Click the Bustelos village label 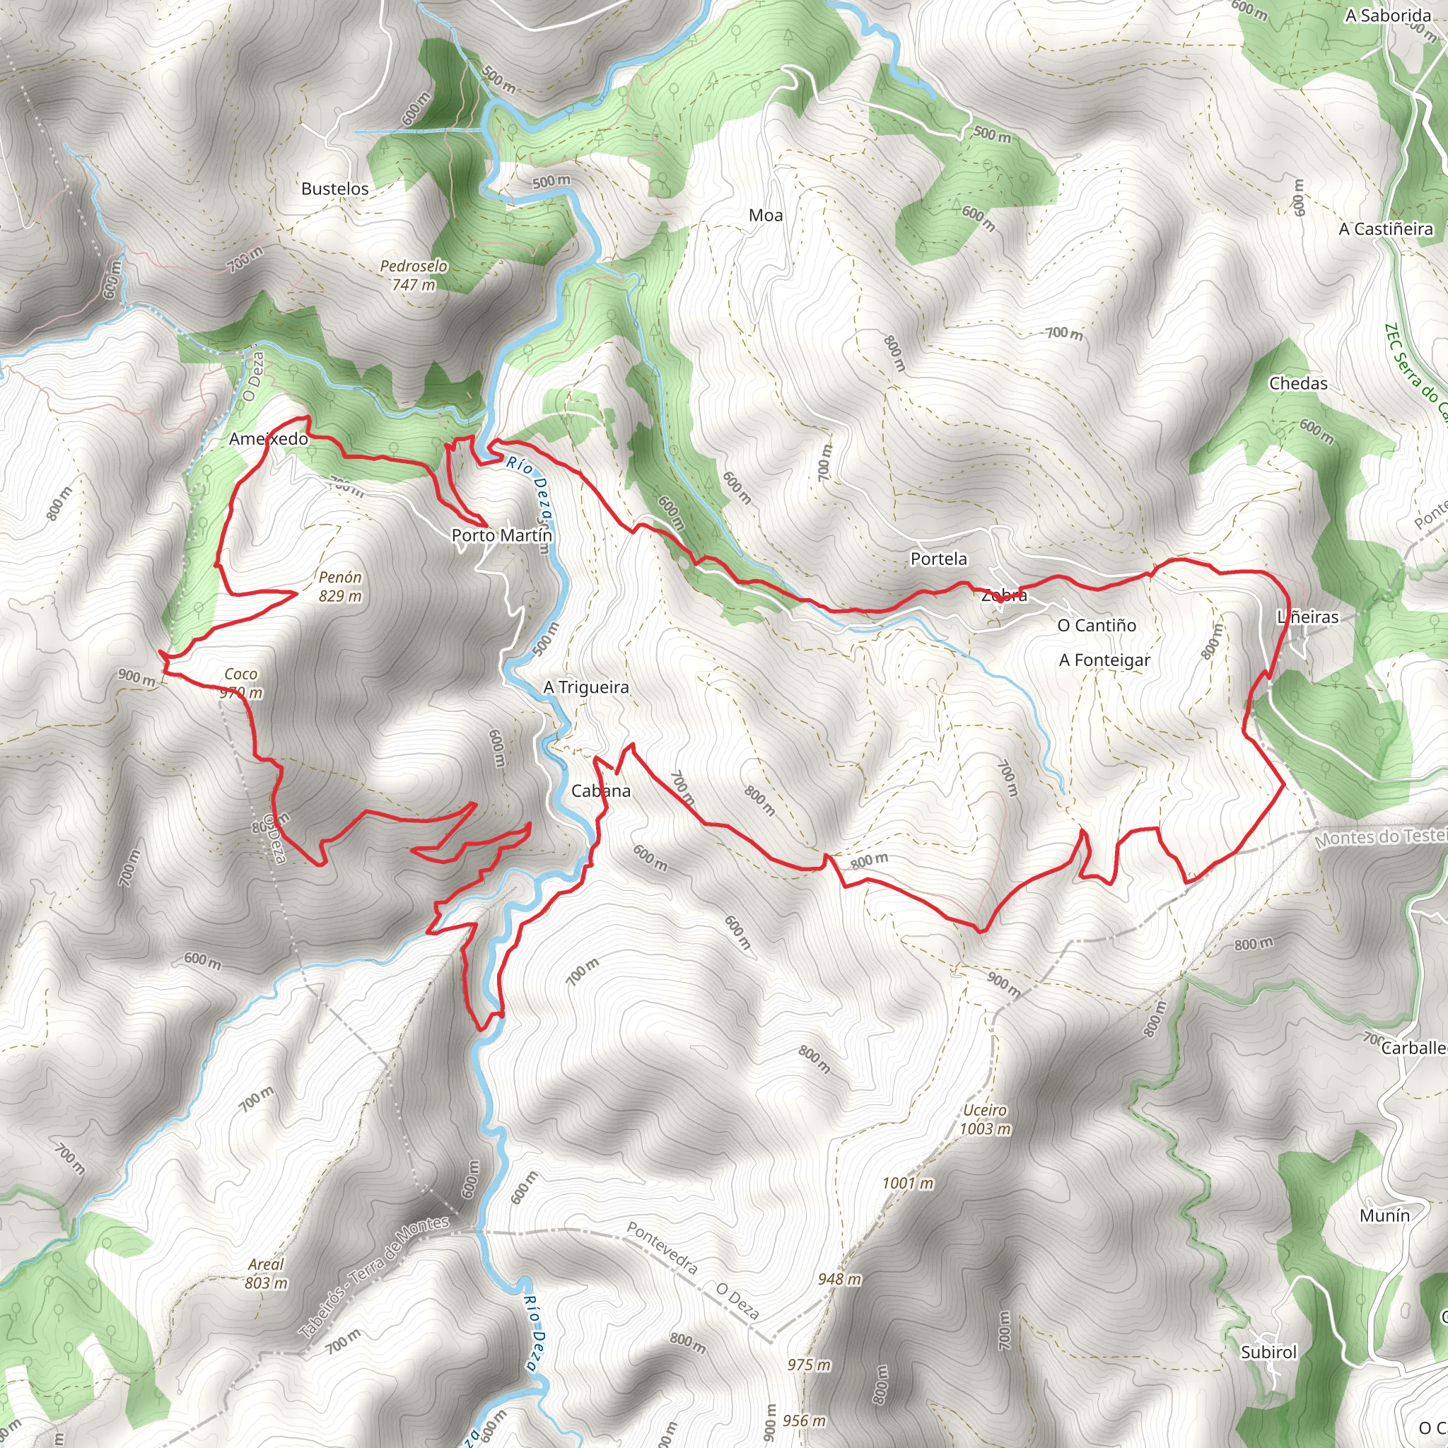click(334, 189)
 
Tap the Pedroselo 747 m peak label click(413, 275)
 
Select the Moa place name click(765, 216)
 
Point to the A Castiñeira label click(1385, 229)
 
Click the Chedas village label click(1297, 384)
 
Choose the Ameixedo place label click(268, 439)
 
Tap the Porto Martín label click(501, 536)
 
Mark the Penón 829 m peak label click(339, 586)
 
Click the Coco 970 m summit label click(240, 684)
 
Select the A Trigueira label click(585, 687)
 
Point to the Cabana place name click(600, 790)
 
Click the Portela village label click(938, 559)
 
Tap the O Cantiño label click(1096, 625)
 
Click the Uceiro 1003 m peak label click(985, 1119)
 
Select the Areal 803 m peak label click(265, 1273)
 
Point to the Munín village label click(1384, 1215)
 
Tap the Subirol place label click(1268, 1352)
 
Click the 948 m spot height click(839, 1278)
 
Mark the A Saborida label click(1387, 16)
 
